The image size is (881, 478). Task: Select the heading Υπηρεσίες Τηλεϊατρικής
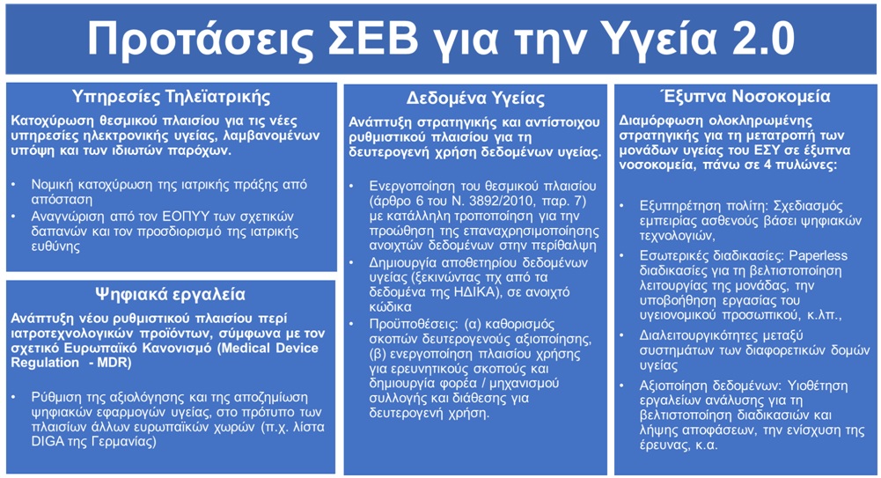click(171, 97)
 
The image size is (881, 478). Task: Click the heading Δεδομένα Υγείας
click(475, 99)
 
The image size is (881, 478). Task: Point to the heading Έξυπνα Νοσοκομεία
click(746, 97)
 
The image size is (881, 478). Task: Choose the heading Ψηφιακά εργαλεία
click(170, 294)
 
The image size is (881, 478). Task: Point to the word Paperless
click(819, 256)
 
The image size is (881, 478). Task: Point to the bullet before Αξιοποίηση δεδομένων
click(622, 386)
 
